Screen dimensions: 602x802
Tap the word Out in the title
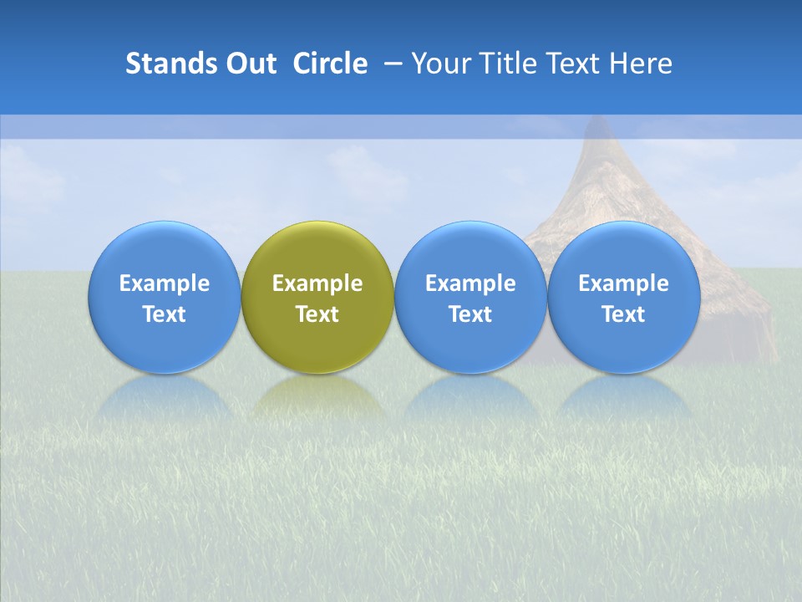click(249, 64)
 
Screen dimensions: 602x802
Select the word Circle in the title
click(330, 64)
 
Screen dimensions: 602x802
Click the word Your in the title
click(440, 64)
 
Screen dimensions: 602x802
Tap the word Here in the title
click(639, 64)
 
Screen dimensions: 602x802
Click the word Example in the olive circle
click(317, 283)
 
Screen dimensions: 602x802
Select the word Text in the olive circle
click(317, 314)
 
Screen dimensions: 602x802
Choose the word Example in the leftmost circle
click(165, 283)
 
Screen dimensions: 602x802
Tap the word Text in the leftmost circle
click(165, 314)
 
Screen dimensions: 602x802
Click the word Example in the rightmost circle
click(623, 283)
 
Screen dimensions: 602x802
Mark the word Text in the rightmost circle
click(623, 314)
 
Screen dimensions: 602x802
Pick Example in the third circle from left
click(470, 283)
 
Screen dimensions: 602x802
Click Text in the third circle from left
click(470, 314)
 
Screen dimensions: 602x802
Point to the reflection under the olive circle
click(317, 397)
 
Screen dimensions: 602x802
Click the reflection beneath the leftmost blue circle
click(165, 397)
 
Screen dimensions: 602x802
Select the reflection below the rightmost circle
click(623, 397)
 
